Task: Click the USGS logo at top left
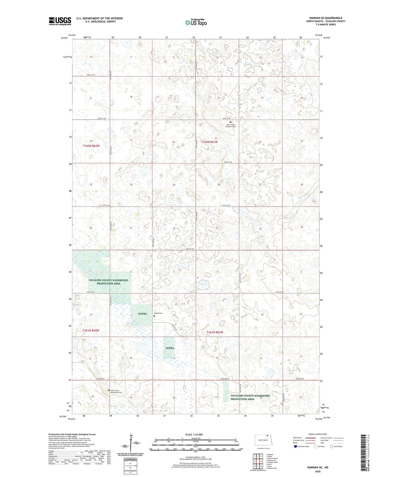pos(60,21)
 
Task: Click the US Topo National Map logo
pos(196,22)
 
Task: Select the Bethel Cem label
pos(158,313)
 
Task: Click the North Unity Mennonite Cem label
pos(116,391)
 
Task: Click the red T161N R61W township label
pos(215,332)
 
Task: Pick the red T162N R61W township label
pos(209,142)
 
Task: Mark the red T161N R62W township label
pos(91,330)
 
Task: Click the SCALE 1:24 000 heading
pos(195,434)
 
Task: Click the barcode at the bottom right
pos(363,453)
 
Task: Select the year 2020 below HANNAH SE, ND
pos(318,471)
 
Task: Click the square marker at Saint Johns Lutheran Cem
pos(231,122)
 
